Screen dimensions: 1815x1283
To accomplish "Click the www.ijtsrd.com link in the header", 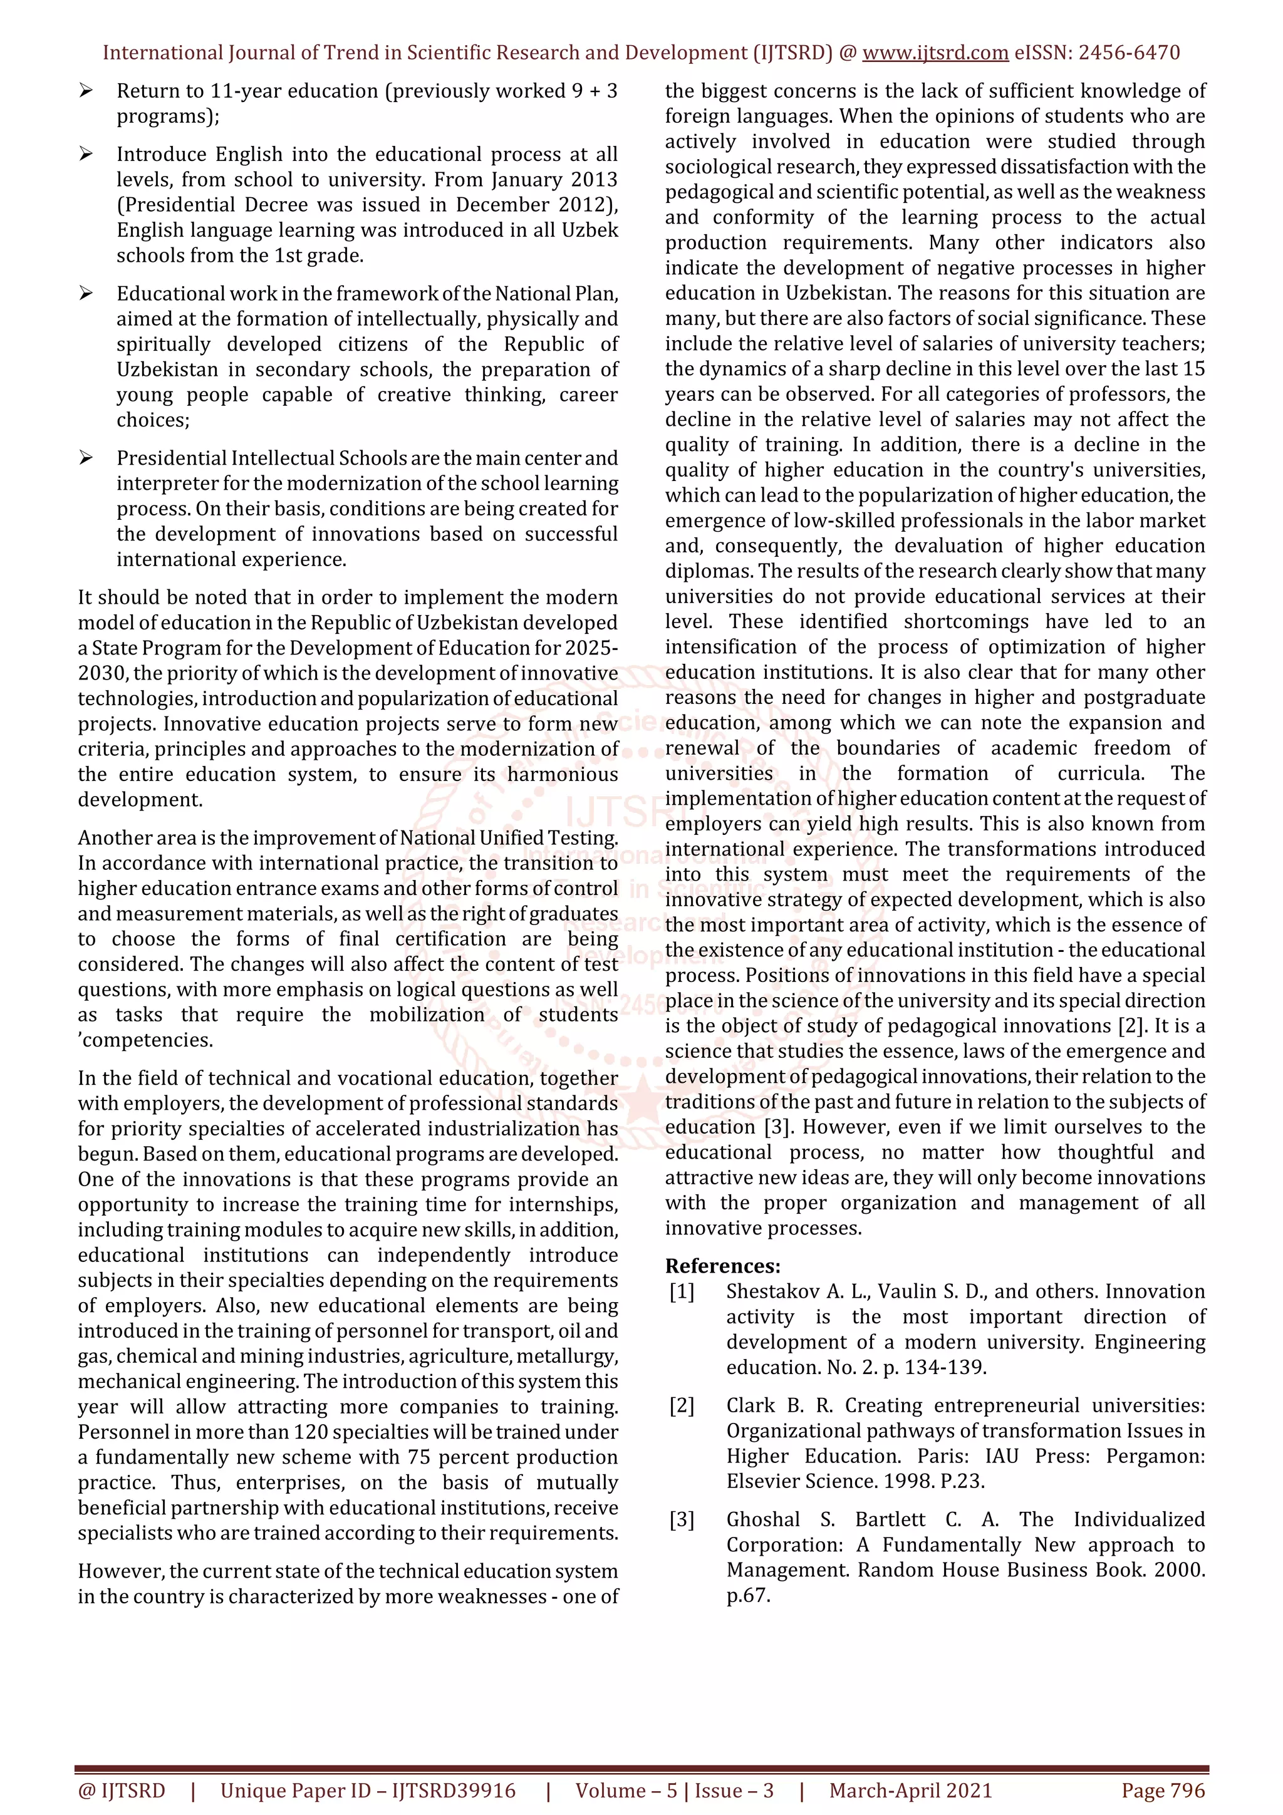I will pos(935,53).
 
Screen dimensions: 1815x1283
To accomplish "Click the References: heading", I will pos(722,1266).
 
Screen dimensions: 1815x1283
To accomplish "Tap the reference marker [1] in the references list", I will pos(682,1291).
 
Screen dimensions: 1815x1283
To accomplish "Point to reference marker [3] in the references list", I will pos(682,1519).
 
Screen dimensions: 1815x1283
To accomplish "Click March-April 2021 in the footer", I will pos(910,1791).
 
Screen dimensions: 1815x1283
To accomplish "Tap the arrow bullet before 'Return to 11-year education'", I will pos(85,91).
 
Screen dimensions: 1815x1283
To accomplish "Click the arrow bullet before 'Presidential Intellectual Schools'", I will pos(85,458).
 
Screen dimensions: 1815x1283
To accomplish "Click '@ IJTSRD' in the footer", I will pos(121,1791).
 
